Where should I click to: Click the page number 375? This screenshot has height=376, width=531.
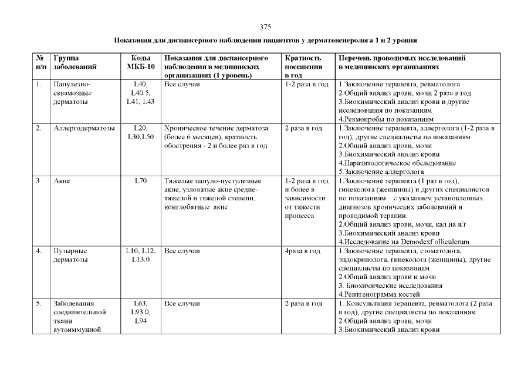click(265, 27)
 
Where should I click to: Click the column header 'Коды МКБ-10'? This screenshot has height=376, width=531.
click(140, 62)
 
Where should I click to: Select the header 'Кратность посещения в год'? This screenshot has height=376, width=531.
click(303, 66)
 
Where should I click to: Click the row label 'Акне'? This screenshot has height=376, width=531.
click(61, 180)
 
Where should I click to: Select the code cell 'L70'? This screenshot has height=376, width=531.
click(140, 180)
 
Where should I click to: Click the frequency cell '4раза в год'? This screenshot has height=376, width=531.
click(302, 251)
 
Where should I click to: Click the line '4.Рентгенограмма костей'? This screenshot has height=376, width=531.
click(380, 293)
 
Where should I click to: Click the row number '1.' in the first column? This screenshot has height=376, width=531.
click(38, 84)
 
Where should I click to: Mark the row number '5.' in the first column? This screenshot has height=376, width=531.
click(38, 304)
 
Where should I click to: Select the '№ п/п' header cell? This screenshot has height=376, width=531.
click(40, 62)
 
